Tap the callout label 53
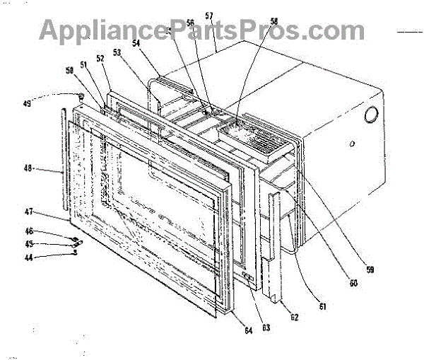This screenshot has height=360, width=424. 117,52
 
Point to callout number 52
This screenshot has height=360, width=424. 100,59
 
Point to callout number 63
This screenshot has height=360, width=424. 266,327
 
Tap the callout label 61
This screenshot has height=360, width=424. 322,306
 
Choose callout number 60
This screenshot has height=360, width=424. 353,283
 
